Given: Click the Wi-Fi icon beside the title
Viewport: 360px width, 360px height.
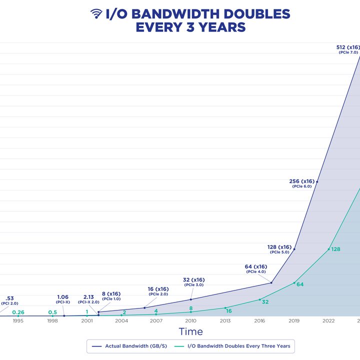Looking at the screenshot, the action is [96, 13].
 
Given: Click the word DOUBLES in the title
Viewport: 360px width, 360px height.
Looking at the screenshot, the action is [256, 14].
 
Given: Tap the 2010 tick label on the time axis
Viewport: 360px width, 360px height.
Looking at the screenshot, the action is [190, 320].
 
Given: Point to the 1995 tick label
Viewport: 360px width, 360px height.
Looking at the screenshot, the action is [18, 320].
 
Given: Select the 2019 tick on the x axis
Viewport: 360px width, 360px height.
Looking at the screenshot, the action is [294, 320].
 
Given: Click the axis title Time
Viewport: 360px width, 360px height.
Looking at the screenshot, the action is [191, 331].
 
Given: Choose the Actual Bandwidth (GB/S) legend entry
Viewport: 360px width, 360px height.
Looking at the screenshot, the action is [129, 346].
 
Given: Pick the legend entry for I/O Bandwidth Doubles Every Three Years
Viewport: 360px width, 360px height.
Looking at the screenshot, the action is [232, 346].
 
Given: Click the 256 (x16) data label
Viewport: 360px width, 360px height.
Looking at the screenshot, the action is [301, 181].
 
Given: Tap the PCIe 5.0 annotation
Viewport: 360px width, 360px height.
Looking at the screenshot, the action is [279, 252].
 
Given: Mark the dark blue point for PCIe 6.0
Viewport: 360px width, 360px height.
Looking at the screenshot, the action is [317, 182].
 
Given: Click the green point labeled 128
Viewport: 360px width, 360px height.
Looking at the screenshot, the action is [328, 249].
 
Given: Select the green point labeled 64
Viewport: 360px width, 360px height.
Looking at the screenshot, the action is [294, 283].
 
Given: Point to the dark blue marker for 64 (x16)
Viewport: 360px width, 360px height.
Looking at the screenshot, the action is [271, 283].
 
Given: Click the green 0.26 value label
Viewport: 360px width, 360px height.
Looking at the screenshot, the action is [18, 312].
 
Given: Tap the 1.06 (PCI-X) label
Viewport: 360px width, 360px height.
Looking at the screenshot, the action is [62, 299].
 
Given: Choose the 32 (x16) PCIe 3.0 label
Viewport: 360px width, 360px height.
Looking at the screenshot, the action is [194, 282].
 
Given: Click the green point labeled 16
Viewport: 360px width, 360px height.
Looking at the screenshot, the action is [225, 308].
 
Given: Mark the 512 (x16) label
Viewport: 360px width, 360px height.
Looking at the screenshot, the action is [348, 47].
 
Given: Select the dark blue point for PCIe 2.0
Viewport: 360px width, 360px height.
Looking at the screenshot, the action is [144, 308].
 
